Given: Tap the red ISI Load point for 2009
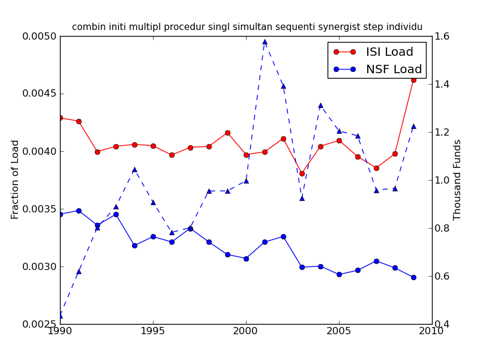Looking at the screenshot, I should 413,79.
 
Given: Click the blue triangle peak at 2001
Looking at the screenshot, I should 265,42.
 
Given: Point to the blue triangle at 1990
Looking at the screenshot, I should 60,315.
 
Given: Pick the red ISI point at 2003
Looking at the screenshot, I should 302,173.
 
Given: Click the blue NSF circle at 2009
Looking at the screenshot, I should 413,277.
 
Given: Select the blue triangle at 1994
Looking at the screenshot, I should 134,169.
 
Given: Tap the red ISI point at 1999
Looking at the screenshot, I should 227,133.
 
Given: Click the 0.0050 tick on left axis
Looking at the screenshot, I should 40,37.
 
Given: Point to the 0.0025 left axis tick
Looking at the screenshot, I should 40,324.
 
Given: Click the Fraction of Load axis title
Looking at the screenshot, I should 16,179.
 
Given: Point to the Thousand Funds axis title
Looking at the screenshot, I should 458,179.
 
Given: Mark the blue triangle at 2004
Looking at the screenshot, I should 320,105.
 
